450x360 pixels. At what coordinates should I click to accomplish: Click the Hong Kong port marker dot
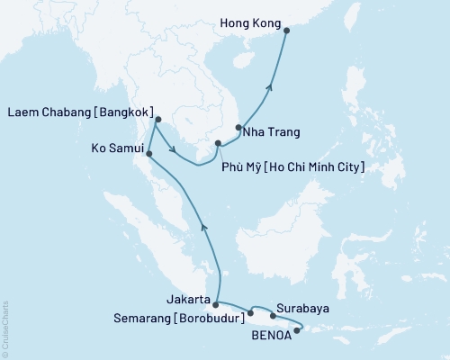(287, 31)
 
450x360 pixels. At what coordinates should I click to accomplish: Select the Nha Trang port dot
(238, 127)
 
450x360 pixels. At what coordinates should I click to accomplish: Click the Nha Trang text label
(273, 132)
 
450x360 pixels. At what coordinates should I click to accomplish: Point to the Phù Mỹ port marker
(218, 142)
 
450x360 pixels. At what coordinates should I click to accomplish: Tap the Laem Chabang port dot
(157, 119)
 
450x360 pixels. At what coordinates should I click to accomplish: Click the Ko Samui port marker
(149, 153)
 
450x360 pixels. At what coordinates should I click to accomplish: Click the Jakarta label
(188, 300)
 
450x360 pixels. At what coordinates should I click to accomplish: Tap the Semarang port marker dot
(250, 313)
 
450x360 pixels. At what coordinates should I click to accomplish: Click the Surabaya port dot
(273, 316)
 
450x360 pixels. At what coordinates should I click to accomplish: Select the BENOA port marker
(297, 329)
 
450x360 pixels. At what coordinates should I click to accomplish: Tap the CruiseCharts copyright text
(5, 329)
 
